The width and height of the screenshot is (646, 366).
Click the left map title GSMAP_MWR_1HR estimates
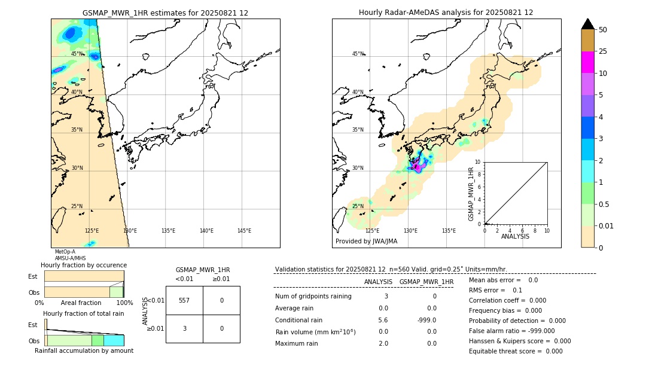click(x=165, y=13)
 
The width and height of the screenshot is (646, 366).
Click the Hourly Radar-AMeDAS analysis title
click(x=446, y=13)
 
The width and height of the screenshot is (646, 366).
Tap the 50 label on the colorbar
click(x=603, y=30)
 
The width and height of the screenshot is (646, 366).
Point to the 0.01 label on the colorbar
click(x=607, y=225)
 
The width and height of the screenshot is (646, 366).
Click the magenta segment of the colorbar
click(x=587, y=62)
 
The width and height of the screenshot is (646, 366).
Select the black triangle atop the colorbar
click(x=587, y=24)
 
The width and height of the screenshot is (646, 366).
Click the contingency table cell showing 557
click(x=184, y=300)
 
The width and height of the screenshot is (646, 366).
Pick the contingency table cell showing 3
click(x=184, y=328)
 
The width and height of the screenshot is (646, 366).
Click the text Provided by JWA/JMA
click(x=366, y=241)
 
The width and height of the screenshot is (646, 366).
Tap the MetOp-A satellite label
click(x=65, y=252)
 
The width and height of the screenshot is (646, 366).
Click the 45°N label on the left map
click(x=77, y=54)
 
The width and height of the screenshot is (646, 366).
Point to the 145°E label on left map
click(x=244, y=231)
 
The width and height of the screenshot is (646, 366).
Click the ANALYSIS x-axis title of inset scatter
click(x=515, y=236)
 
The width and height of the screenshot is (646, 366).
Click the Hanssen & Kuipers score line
click(x=519, y=341)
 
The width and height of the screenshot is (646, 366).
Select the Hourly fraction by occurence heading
click(x=84, y=265)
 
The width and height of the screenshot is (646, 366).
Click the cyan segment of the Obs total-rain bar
click(x=113, y=340)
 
